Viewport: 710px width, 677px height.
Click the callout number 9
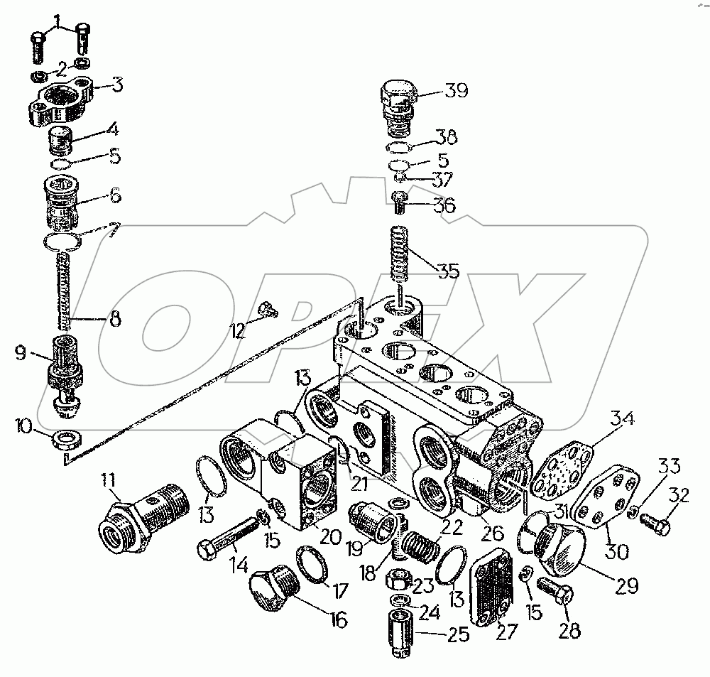pyautogui.click(x=21, y=353)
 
